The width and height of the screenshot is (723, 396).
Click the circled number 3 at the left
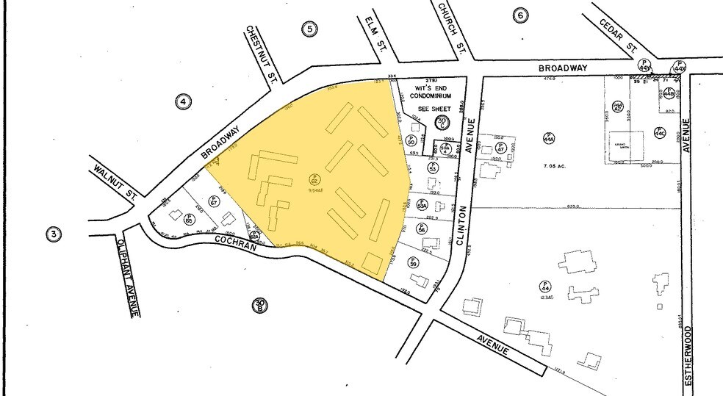(53, 234)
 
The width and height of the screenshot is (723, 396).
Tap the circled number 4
(183, 101)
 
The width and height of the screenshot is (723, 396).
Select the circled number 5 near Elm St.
(310, 29)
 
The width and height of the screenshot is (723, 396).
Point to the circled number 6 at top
(520, 15)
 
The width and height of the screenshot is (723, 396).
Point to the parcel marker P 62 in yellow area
(314, 179)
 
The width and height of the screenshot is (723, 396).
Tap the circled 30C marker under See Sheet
(442, 122)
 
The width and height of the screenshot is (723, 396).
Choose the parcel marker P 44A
(549, 137)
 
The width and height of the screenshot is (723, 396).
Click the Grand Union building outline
(625, 145)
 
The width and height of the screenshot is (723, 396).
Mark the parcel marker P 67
(214, 199)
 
